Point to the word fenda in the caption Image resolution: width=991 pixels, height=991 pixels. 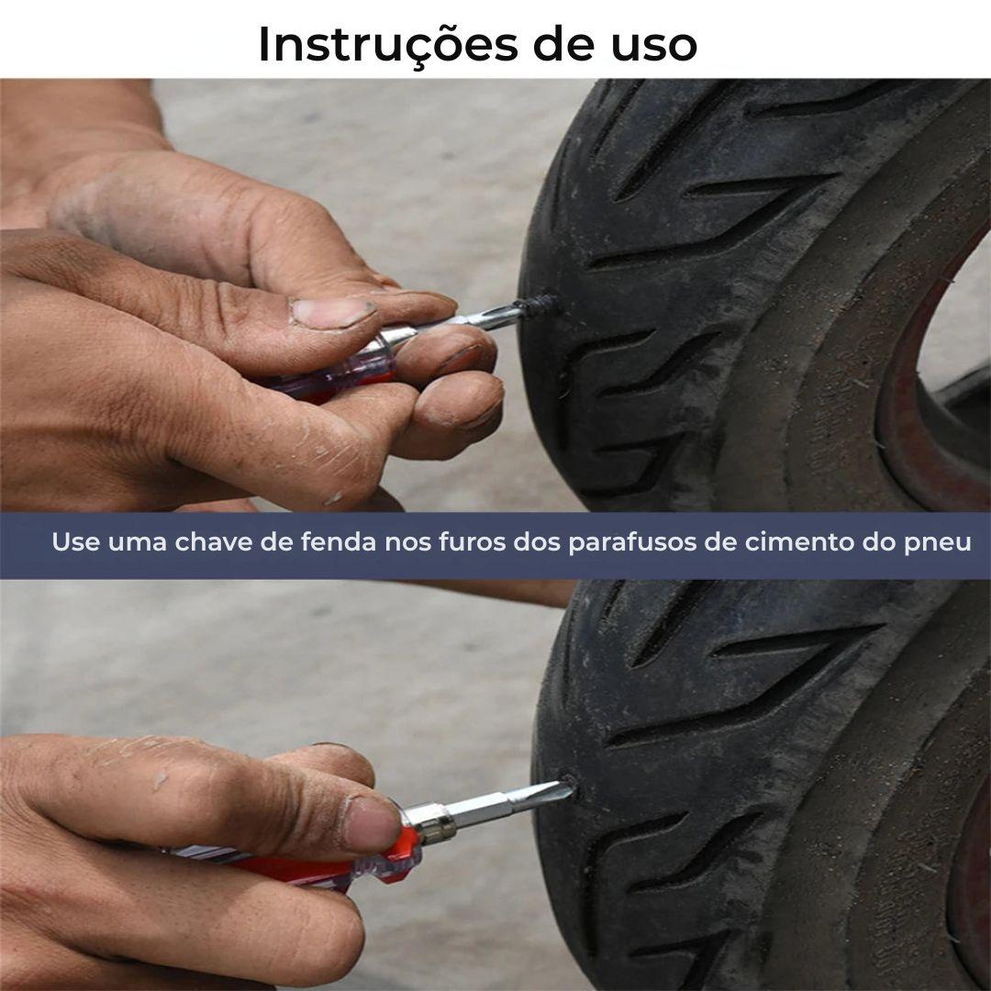(339, 542)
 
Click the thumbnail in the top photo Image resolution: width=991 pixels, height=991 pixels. (332, 312)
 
